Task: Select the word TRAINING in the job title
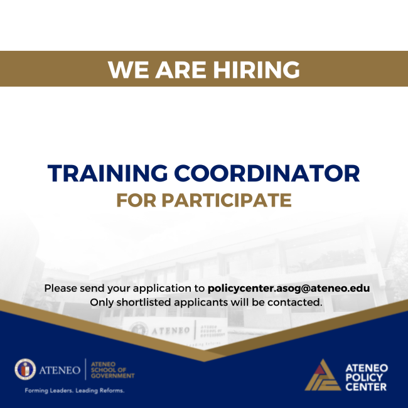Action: coord(106,173)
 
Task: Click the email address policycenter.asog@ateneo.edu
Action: coord(288,288)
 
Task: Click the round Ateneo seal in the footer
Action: coord(26,370)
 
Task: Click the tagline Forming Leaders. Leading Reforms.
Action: coord(74,390)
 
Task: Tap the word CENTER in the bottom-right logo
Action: coord(366,387)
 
